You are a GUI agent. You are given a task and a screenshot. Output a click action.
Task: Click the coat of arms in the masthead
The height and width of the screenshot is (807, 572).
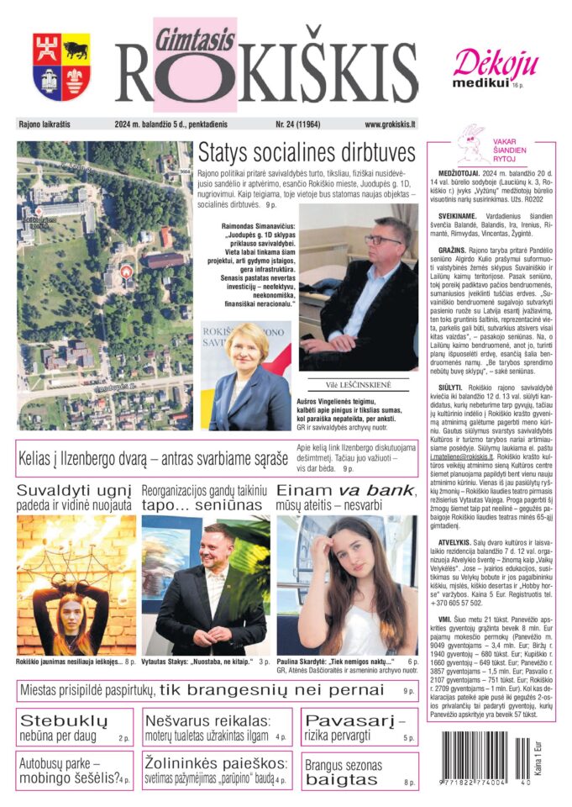tap(61, 67)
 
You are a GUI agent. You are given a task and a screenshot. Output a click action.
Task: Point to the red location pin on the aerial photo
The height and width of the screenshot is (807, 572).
tap(126, 271)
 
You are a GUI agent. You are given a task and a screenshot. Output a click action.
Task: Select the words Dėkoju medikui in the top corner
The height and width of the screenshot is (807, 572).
tap(484, 68)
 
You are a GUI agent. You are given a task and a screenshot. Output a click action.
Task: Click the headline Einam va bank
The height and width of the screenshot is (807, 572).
tap(345, 491)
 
